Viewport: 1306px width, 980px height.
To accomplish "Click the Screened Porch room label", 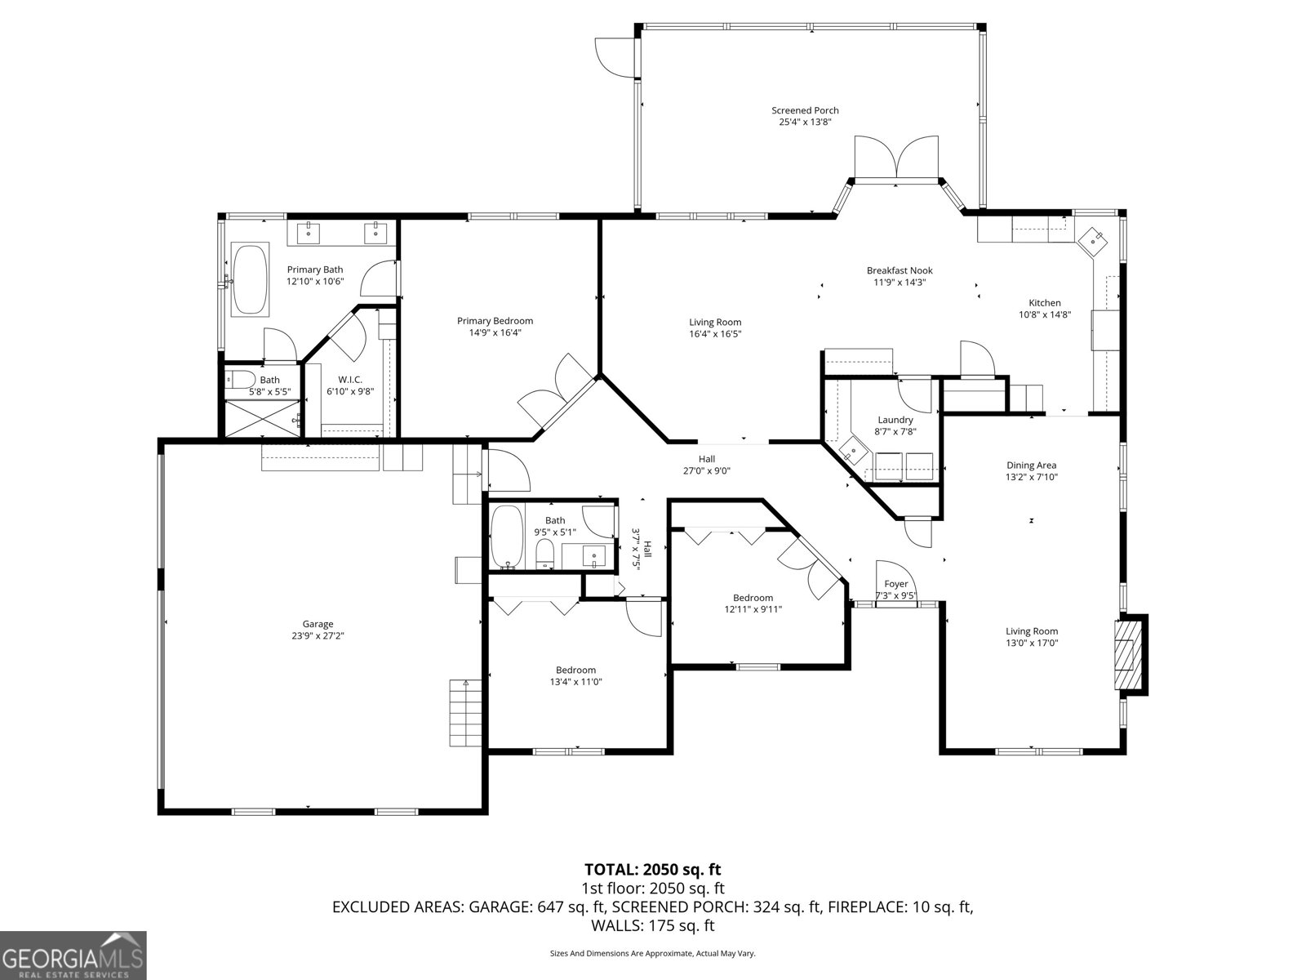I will click(805, 110).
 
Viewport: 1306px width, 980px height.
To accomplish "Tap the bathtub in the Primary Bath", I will click(251, 278).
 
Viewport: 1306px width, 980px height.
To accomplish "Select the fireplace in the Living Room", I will click(1131, 655).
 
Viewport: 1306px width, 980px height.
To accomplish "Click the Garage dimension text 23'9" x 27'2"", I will click(318, 636).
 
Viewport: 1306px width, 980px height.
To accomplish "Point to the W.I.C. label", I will click(350, 380).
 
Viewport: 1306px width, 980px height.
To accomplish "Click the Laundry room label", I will click(895, 420).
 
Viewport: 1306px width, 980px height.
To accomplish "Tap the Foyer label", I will click(896, 584).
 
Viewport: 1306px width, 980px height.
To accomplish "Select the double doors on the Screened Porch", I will click(896, 157).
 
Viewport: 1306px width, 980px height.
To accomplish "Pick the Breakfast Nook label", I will click(899, 270).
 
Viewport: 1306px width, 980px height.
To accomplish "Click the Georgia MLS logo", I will click(73, 955).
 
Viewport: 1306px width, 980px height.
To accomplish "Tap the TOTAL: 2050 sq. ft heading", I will click(652, 870).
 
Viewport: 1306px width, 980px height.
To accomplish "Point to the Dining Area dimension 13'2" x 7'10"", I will click(1031, 477).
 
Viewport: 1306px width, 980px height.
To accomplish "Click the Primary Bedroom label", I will click(495, 321).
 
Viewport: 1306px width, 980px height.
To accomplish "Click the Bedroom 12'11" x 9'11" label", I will click(753, 598).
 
